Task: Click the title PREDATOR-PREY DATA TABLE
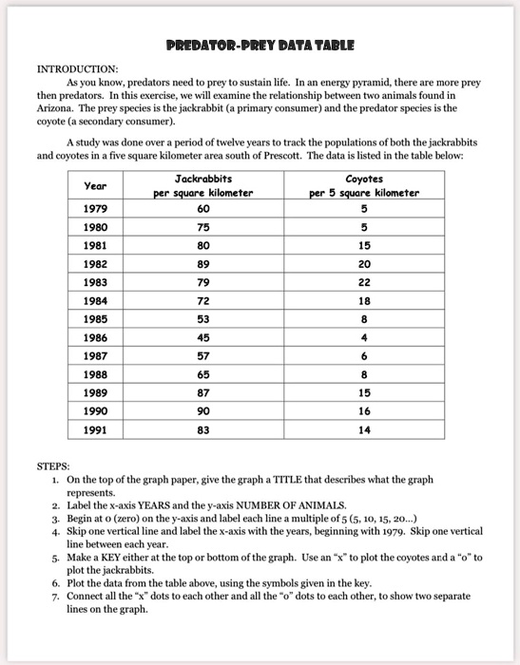(260, 45)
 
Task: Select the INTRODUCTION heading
(77, 69)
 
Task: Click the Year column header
(95, 186)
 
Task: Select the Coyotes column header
(363, 179)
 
